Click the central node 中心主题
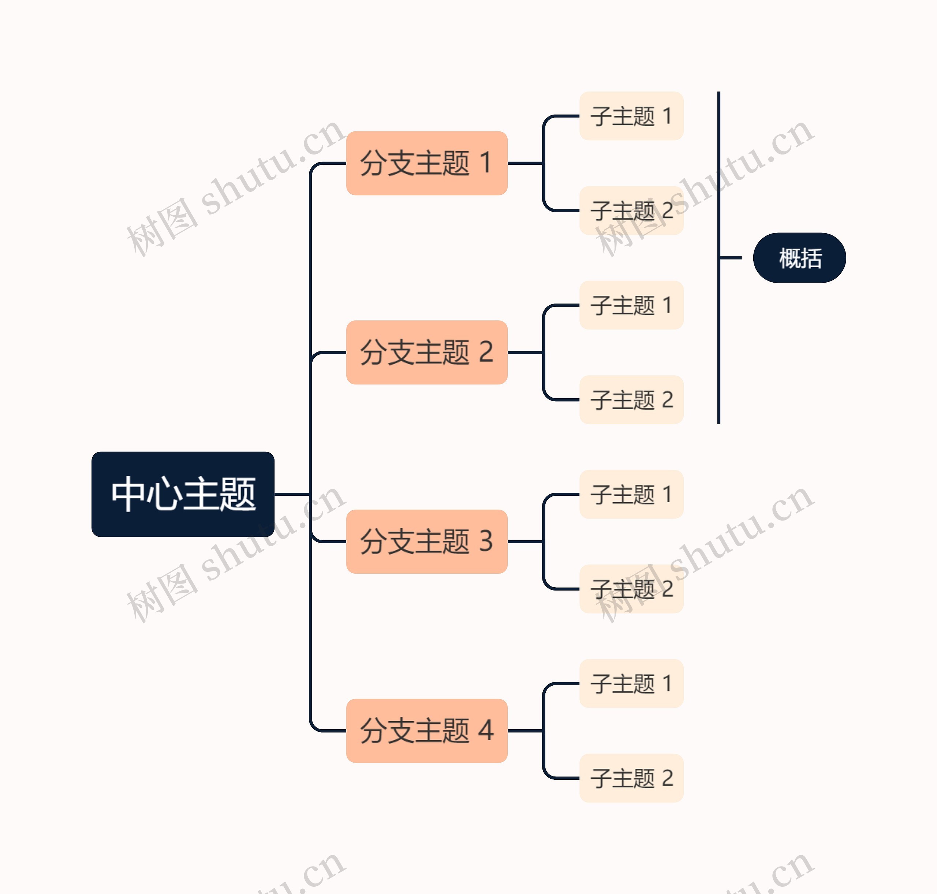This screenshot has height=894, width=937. coord(183,494)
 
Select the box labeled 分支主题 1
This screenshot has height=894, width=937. coord(426,163)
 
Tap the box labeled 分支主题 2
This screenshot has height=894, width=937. coord(426,352)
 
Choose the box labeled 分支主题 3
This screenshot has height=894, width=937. coord(426,541)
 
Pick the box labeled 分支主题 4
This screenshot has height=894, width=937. coord(426,731)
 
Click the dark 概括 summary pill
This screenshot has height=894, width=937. coord(799,258)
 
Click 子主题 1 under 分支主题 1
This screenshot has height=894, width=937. coord(631,116)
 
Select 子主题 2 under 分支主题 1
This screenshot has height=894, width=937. coord(631,211)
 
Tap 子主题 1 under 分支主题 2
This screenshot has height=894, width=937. coord(631,305)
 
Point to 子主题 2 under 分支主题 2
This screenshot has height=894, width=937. coord(631,400)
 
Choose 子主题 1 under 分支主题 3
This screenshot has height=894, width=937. coord(631,494)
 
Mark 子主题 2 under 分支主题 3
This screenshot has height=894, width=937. coord(631,589)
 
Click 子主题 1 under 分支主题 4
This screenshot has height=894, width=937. coord(631,683)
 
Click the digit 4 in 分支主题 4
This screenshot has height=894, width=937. coord(486,731)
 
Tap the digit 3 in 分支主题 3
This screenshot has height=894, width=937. coord(486,541)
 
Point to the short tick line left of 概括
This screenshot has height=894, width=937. coord(730,258)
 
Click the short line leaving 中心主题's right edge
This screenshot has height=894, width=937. coord(292,494)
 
